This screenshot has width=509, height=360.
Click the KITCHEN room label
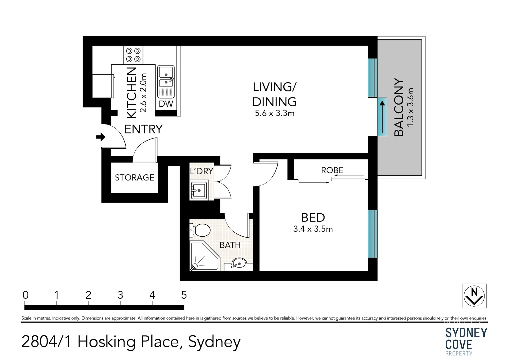132,93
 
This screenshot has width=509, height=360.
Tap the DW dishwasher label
166,104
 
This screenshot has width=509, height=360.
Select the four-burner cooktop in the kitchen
133,55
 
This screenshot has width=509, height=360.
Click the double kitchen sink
166,77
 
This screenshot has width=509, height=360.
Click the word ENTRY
143,129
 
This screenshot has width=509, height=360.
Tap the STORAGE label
134,177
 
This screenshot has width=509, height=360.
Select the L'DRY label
201,171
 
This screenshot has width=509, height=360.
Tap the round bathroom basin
239,263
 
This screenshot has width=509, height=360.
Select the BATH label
230,245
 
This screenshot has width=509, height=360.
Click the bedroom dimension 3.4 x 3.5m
313,229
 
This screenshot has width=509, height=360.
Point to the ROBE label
332,170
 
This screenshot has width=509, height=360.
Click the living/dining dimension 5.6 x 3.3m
274,113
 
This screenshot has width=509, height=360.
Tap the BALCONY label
399,107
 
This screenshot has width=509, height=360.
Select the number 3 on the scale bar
120,295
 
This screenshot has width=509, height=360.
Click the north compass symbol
474,296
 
